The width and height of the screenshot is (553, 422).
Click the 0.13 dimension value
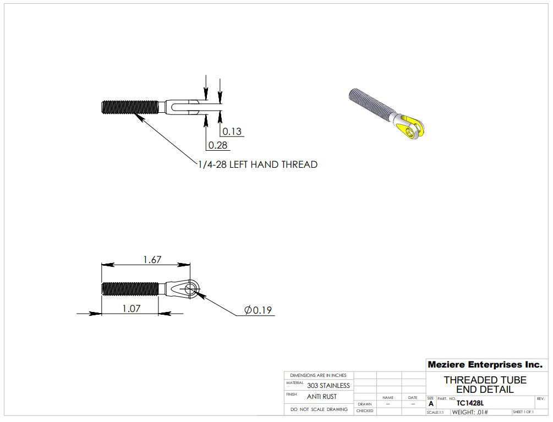tap(232, 131)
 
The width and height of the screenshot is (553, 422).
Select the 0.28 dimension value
tap(217, 145)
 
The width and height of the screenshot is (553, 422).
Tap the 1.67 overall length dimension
tap(152, 259)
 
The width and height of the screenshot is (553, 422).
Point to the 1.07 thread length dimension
tap(130, 308)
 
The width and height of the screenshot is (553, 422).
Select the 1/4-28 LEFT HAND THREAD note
tap(258, 164)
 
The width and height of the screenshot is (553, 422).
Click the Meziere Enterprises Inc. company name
tap(485, 365)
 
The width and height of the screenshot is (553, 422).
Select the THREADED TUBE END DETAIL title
tap(485, 385)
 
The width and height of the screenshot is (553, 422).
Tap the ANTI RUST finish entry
tap(322, 397)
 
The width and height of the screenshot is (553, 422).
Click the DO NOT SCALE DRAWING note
tap(319, 409)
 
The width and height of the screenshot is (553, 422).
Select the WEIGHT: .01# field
tap(470, 412)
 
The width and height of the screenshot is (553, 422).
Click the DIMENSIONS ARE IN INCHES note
tap(318, 375)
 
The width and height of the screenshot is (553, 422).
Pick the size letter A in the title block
tap(431, 404)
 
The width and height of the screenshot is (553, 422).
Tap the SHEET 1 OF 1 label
tap(523, 412)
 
